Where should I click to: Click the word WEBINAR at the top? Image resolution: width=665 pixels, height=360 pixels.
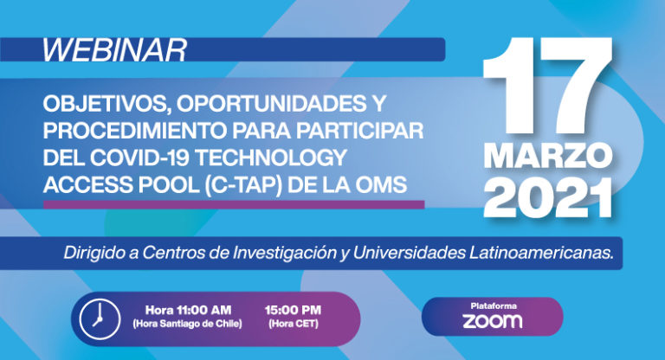click(x=114, y=50)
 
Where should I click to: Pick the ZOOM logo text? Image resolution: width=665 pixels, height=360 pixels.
click(x=492, y=321)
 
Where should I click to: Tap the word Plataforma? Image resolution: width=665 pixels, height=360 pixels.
click(x=492, y=305)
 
